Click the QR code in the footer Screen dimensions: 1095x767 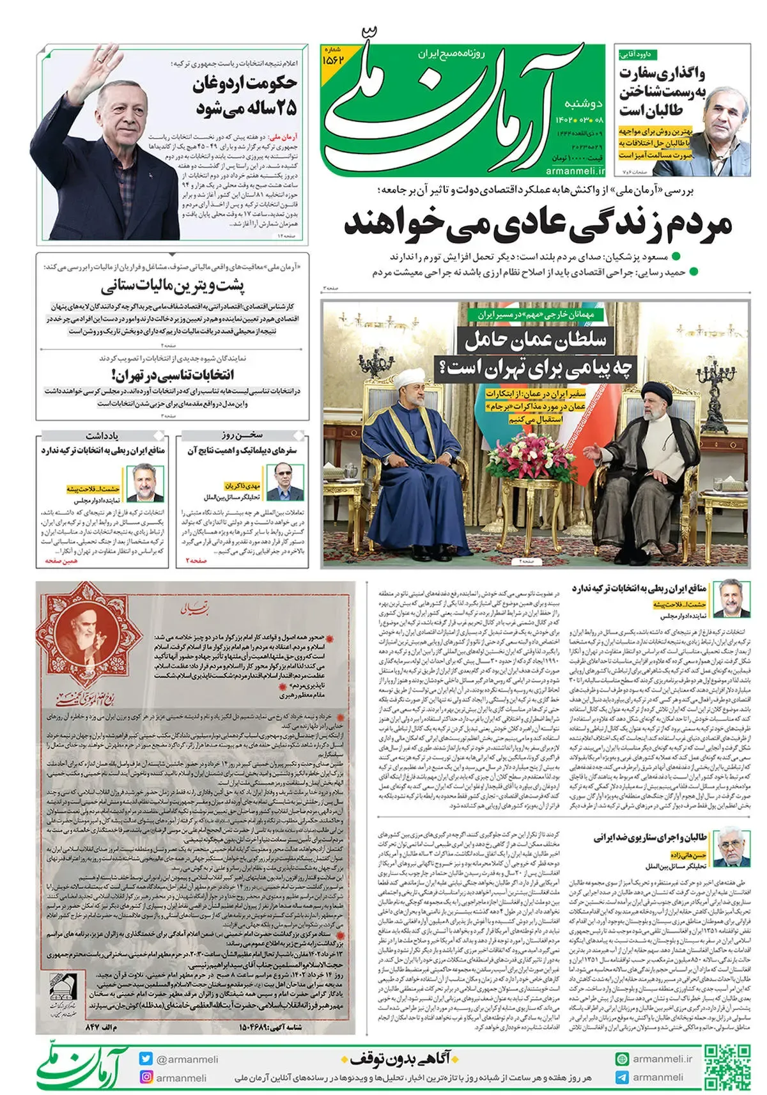click(x=727, y=1067)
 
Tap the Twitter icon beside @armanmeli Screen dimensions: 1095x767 click(x=146, y=1059)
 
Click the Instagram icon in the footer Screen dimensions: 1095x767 click(x=146, y=1077)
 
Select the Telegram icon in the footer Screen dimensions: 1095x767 click(x=622, y=1077)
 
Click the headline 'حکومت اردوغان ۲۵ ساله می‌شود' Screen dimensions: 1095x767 click(x=246, y=95)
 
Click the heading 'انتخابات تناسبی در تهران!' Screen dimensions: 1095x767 click(x=173, y=375)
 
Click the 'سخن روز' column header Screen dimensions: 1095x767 click(x=242, y=435)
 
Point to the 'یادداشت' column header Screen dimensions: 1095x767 click(x=102, y=435)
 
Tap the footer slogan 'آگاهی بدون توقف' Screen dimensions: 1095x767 click(x=405, y=1059)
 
